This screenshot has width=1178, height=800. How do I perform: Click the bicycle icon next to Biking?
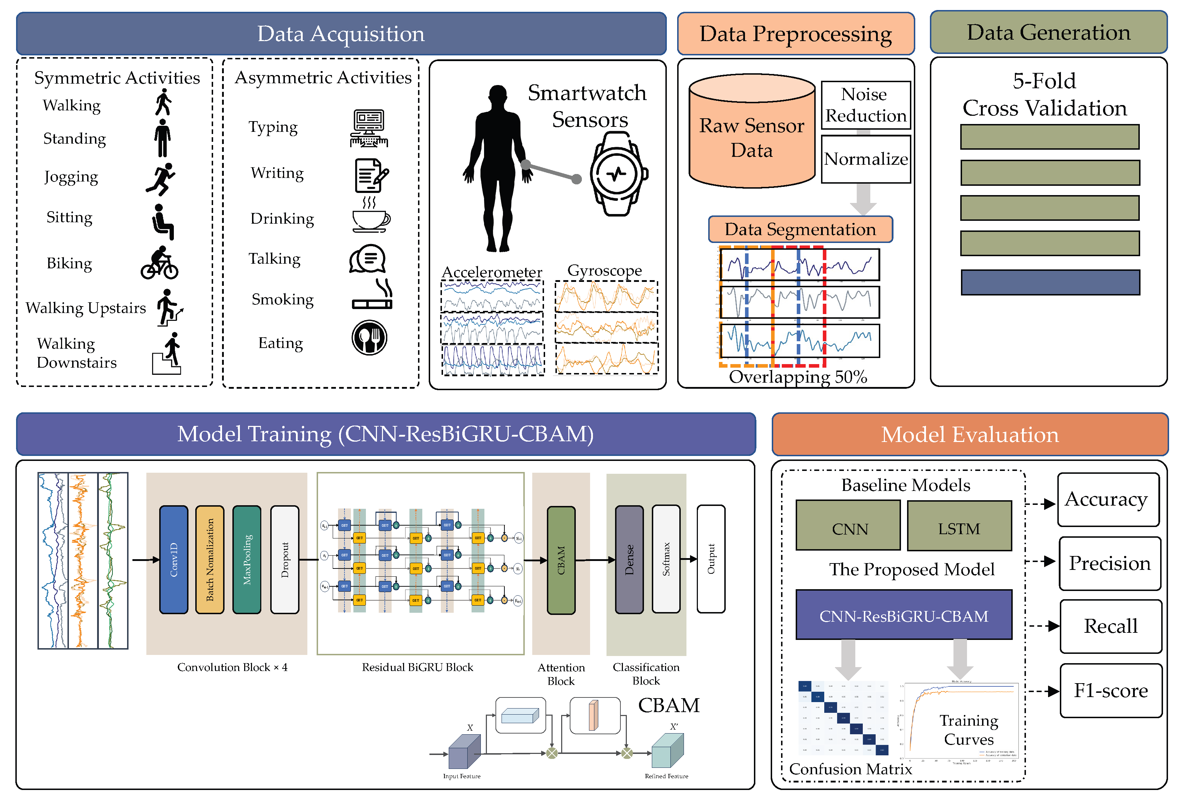click(x=159, y=263)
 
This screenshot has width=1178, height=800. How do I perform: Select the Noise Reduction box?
click(x=865, y=105)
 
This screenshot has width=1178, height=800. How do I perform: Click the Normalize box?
click(x=865, y=159)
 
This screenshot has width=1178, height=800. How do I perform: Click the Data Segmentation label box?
click(x=800, y=229)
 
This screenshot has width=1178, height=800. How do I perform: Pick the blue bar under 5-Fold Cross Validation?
click(x=1050, y=282)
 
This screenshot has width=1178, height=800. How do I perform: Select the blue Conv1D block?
click(x=173, y=560)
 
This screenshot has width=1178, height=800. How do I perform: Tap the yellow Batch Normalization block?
click(x=209, y=560)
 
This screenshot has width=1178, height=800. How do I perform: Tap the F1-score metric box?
click(x=1110, y=690)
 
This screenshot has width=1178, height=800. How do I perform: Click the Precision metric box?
click(x=1109, y=563)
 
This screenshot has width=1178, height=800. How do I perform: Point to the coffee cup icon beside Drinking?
click(x=371, y=218)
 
